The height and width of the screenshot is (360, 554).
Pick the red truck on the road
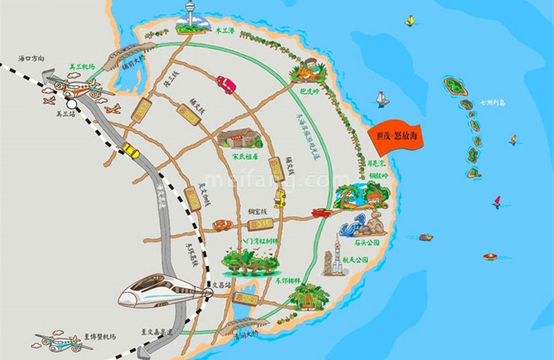226,84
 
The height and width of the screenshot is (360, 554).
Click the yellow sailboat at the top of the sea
409,21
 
